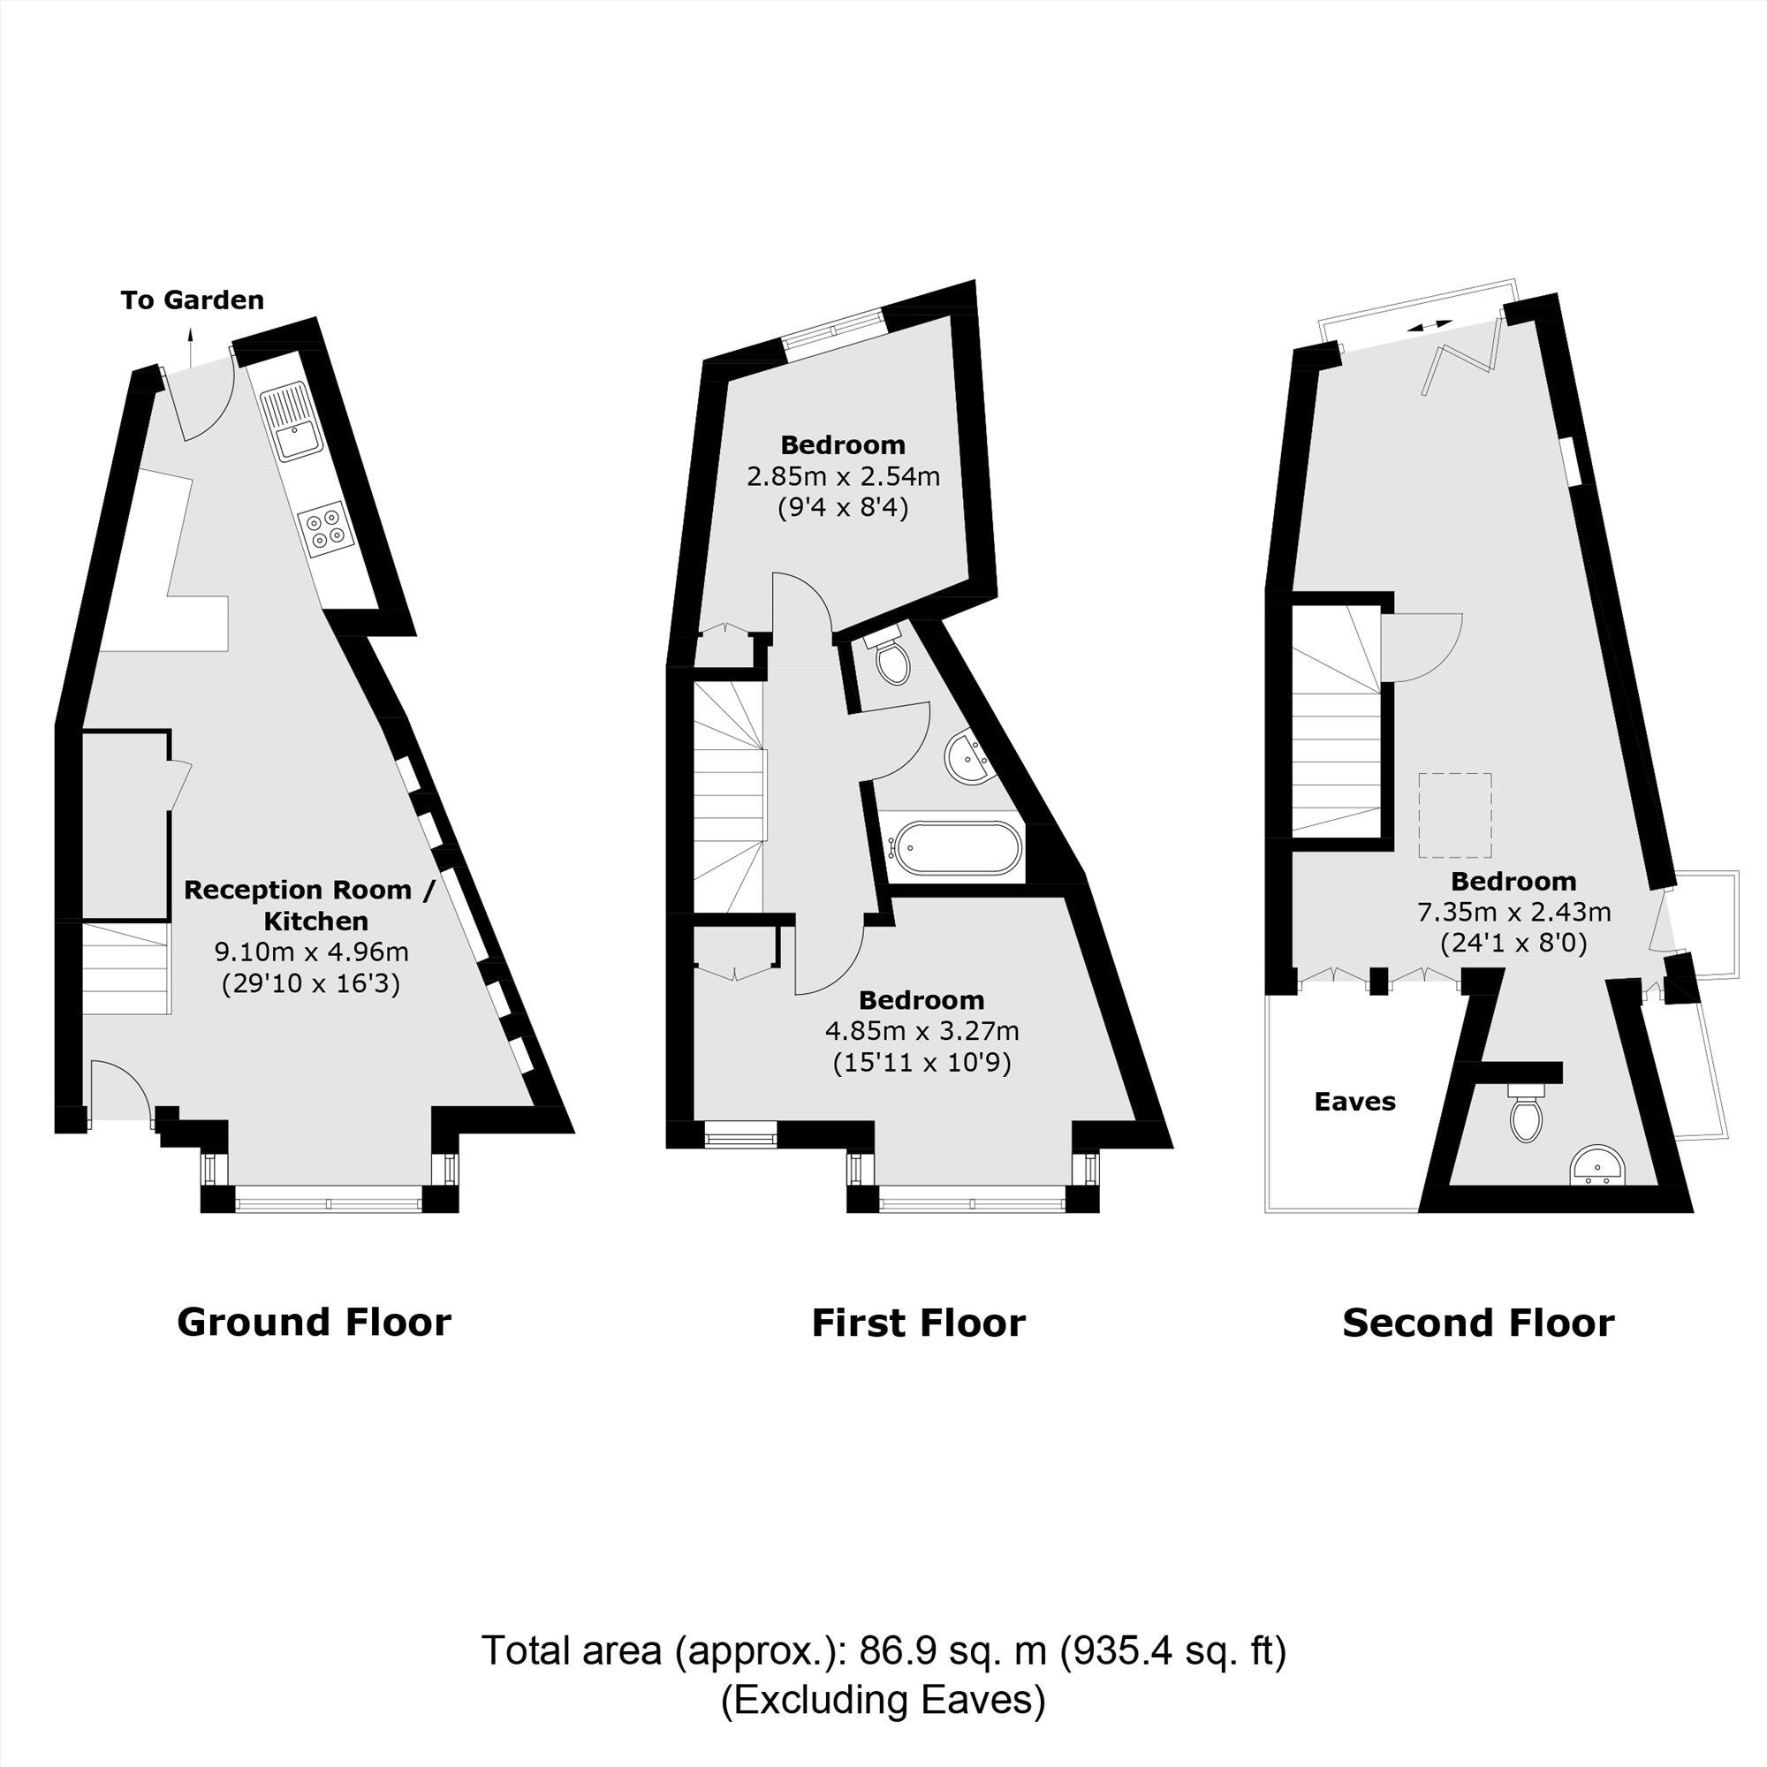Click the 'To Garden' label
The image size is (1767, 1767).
click(192, 300)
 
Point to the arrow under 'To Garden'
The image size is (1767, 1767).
click(190, 345)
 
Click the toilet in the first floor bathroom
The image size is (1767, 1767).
click(891, 657)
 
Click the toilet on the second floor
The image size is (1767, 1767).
click(1527, 1115)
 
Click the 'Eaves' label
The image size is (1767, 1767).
click(1354, 1101)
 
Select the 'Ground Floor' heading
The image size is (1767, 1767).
click(314, 1323)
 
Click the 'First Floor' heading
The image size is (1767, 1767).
click(918, 1323)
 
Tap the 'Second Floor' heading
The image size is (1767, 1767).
click(1478, 1323)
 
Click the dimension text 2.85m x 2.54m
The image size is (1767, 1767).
click(843, 476)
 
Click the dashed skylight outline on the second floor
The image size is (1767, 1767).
click(1455, 815)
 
